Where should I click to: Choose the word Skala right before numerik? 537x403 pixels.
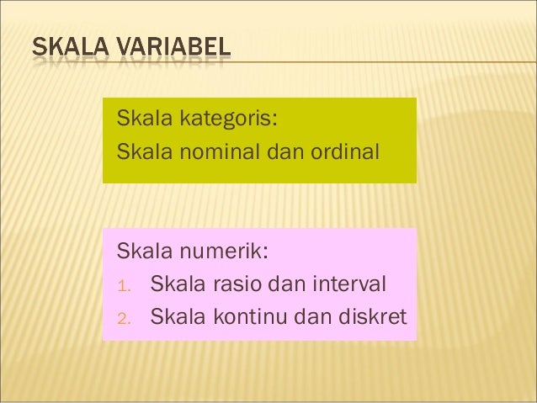(x=144, y=251)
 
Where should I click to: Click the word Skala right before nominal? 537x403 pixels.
(x=144, y=153)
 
